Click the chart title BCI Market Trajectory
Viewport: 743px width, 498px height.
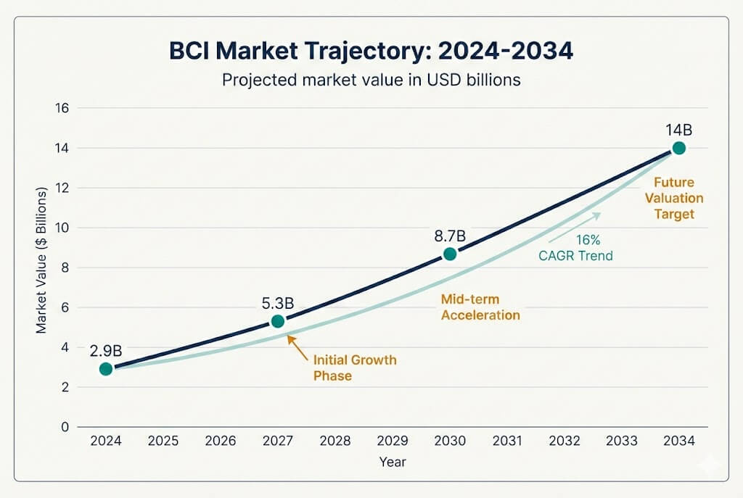pyautogui.click(x=371, y=52)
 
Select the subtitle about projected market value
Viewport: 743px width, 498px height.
pyautogui.click(x=371, y=80)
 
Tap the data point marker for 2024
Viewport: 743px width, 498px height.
pyautogui.click(x=106, y=368)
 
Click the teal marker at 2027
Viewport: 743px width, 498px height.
pyautogui.click(x=277, y=321)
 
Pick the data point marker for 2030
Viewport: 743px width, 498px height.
pyautogui.click(x=450, y=254)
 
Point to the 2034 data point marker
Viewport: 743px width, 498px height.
pyautogui.click(x=678, y=148)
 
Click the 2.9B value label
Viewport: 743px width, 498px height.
pyautogui.click(x=106, y=351)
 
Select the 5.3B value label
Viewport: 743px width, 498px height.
pyautogui.click(x=277, y=303)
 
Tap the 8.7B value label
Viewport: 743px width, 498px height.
pyautogui.click(x=450, y=236)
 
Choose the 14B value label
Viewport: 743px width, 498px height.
pyautogui.click(x=678, y=130)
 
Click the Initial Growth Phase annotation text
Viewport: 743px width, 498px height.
pyautogui.click(x=354, y=368)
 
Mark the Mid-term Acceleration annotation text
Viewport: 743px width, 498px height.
pyautogui.click(x=480, y=306)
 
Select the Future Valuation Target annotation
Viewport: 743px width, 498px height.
pyautogui.click(x=674, y=198)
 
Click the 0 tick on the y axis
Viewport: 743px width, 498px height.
pyautogui.click(x=64, y=427)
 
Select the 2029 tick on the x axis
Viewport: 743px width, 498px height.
pyautogui.click(x=393, y=441)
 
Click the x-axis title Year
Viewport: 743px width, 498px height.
pyautogui.click(x=392, y=462)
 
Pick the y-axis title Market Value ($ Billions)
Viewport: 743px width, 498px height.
pyautogui.click(x=41, y=260)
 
